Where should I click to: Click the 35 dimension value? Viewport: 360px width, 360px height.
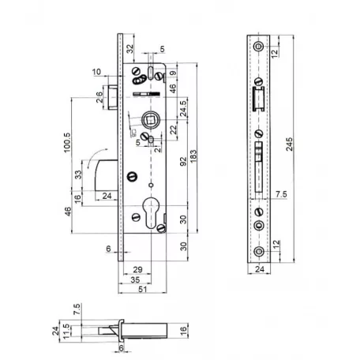[x=136, y=279]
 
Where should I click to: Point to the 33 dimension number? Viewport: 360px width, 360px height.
[x=78, y=174]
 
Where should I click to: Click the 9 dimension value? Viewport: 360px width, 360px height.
[x=173, y=75]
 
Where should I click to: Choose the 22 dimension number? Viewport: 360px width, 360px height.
[x=173, y=129]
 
